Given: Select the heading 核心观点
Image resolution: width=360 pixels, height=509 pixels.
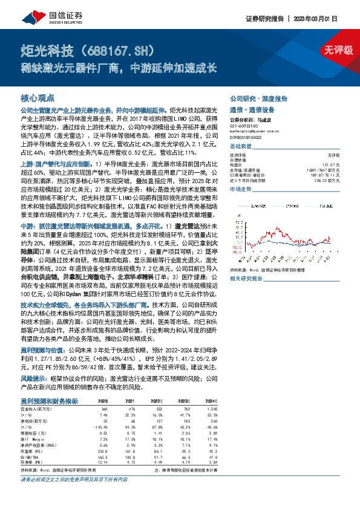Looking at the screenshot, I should [x=38, y=97].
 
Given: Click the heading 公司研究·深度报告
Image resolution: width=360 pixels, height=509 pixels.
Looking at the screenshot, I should [x=258, y=99].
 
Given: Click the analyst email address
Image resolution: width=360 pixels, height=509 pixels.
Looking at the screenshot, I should [x=255, y=130].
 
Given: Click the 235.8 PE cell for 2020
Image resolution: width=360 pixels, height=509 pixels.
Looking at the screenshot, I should [x=101, y=450].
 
